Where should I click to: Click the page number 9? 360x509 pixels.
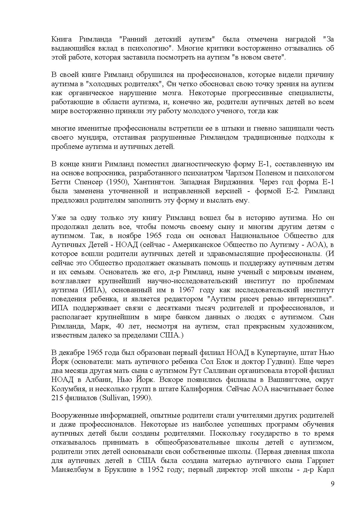click(332, 483)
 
